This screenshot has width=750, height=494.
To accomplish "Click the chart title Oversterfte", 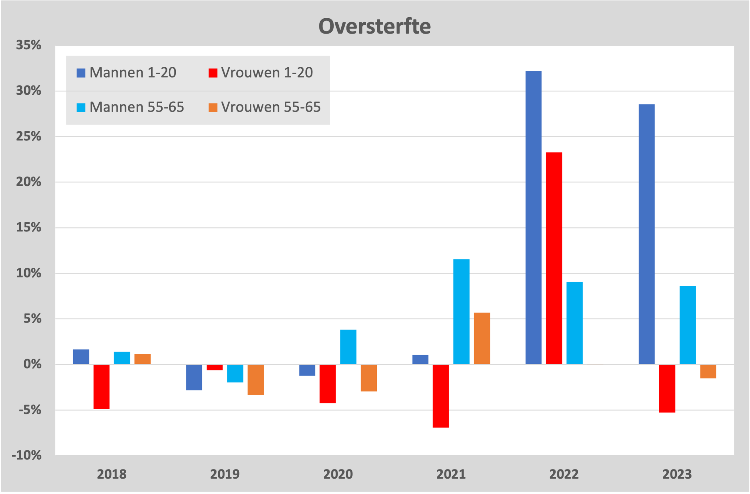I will tap(374, 26).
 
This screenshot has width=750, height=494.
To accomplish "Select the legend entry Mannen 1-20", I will tap(126, 73).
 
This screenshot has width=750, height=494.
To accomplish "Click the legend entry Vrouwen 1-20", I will tap(261, 73).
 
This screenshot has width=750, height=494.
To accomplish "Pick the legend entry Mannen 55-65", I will tap(130, 107).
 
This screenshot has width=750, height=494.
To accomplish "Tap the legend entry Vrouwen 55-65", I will tap(264, 107).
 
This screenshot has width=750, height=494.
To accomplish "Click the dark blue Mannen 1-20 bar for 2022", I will tap(533, 218).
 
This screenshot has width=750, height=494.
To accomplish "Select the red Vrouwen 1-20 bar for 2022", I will tap(554, 258).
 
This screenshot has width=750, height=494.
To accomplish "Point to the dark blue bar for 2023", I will tap(646, 234).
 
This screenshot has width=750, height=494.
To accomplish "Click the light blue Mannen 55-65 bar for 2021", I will tap(461, 312).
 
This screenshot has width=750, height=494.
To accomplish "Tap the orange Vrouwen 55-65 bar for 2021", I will tap(482, 338).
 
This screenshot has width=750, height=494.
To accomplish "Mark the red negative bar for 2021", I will tap(441, 396).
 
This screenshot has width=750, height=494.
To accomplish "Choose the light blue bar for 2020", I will tap(348, 347).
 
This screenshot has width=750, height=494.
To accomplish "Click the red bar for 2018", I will tap(101, 386).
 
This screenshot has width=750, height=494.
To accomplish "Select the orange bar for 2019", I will tap(256, 380).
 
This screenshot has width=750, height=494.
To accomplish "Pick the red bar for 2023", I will tap(667, 388).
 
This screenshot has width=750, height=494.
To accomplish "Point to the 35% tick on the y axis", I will tap(29, 45).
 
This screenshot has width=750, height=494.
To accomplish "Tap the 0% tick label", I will tap(32, 364).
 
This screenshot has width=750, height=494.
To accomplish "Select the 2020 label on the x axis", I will tap(338, 474).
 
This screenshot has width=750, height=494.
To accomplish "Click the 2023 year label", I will tap(677, 474).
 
